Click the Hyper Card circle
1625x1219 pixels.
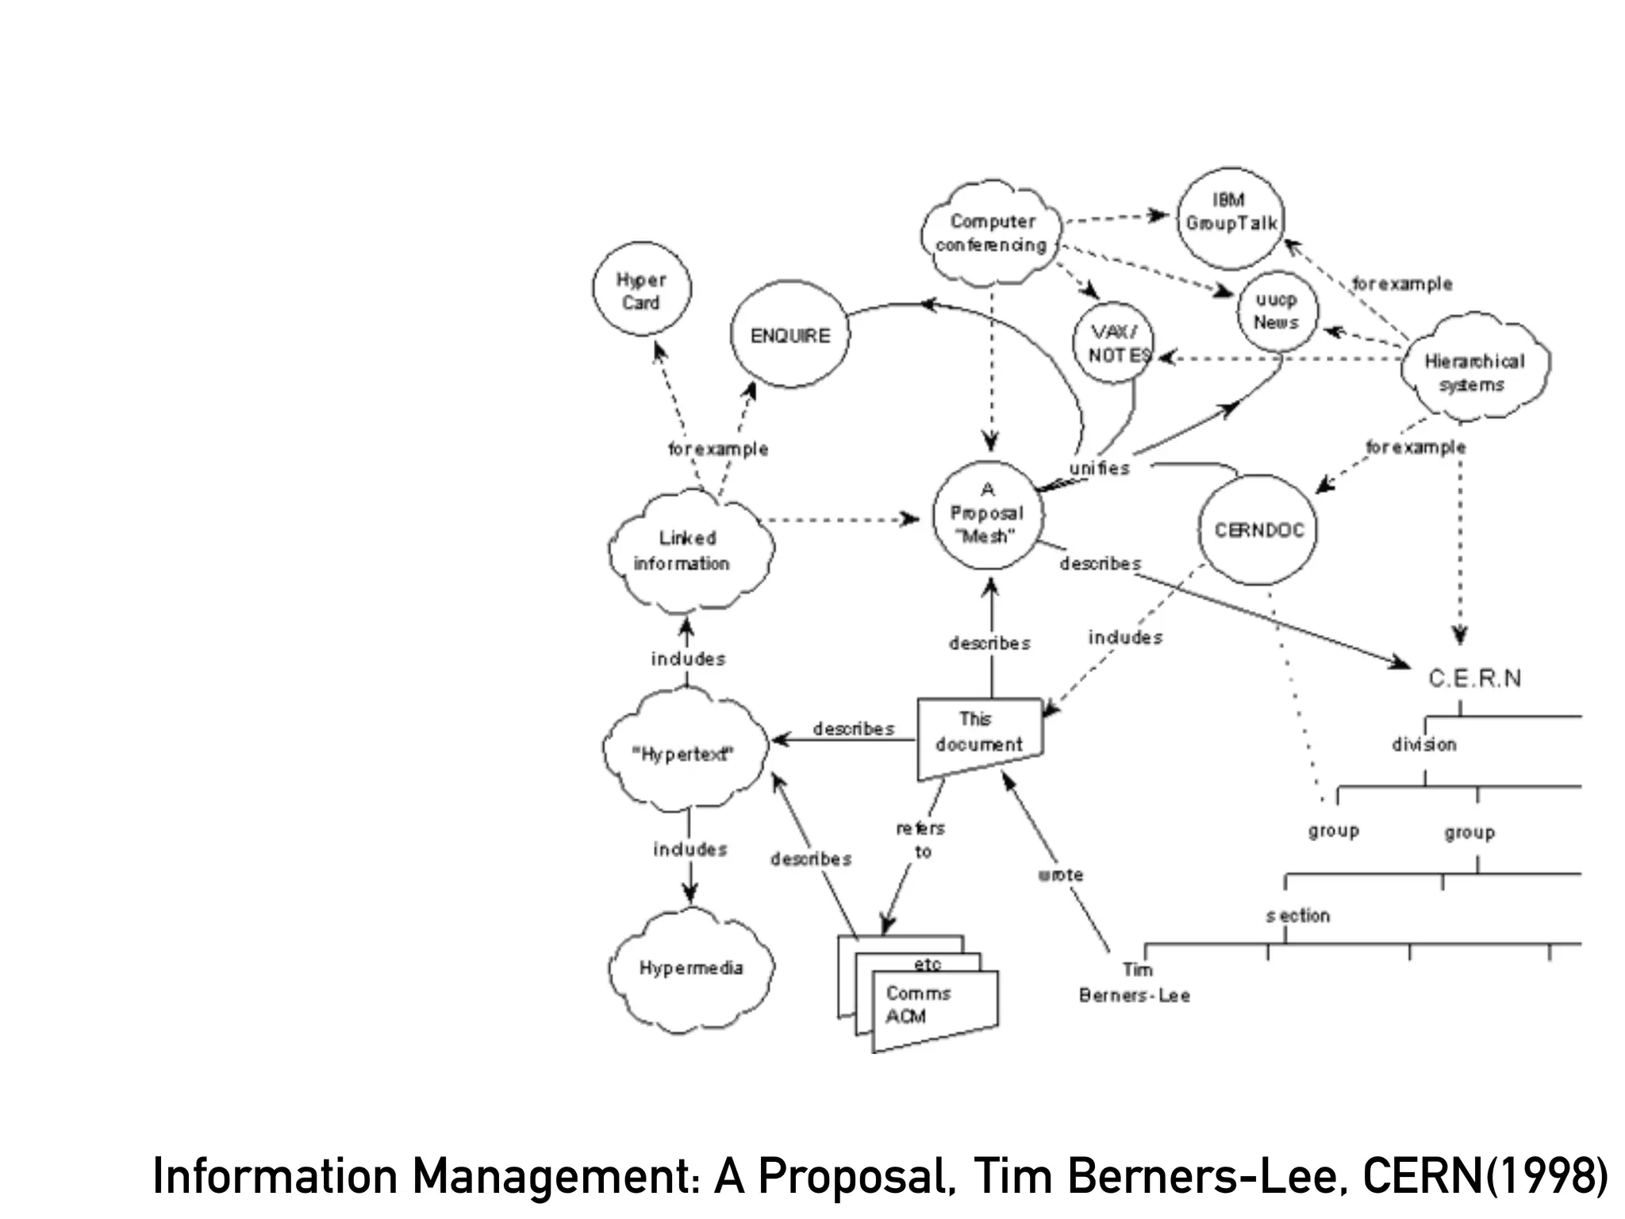coord(641,290)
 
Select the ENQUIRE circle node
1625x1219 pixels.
coord(789,335)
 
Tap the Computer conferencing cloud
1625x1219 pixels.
coord(991,233)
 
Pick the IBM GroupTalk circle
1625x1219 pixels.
coord(1231,213)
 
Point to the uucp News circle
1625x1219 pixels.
coord(1276,311)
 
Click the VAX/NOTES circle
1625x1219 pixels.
coord(1115,344)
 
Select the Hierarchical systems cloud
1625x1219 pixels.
coord(1474,372)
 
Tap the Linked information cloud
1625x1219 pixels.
coord(687,551)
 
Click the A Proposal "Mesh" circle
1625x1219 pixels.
coord(987,513)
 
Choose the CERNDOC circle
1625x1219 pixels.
coord(1258,530)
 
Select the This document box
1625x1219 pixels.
coord(979,733)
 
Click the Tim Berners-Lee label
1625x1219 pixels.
coord(1135,983)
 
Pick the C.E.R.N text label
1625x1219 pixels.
coord(1474,679)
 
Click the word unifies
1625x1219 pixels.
coord(1099,468)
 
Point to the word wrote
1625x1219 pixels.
coord(1060,875)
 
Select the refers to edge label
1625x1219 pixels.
coord(921,840)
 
